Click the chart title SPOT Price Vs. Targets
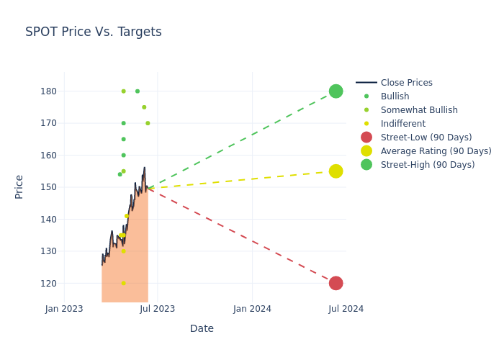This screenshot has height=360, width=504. pos(94,32)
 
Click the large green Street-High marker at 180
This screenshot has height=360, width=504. pos(336,91)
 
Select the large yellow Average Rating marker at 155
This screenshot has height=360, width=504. pos(336,171)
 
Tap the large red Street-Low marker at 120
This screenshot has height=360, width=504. pos(336,283)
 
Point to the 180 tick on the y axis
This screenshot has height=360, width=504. pos(48,91)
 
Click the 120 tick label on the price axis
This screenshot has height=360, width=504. pos(48,283)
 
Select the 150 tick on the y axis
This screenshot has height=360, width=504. pos(48,187)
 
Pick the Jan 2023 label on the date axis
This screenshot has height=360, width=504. pos(64,309)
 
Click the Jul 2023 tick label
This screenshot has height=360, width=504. pos(158,309)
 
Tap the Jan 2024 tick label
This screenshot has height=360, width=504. pos(253,309)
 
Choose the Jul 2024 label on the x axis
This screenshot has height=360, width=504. pos(346,309)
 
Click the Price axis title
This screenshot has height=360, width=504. pos(19,186)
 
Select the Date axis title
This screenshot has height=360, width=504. pos(202,329)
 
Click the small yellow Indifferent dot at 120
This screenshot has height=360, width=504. pos(123,283)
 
